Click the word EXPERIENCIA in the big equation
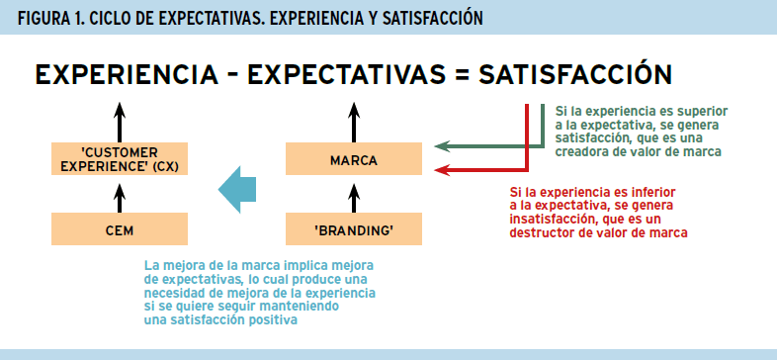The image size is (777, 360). click(126, 75)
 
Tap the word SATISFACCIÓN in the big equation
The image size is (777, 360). click(576, 75)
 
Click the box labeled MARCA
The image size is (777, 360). click(353, 159)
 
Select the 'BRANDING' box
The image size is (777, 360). click(353, 230)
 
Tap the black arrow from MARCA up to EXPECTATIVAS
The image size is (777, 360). click(353, 121)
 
